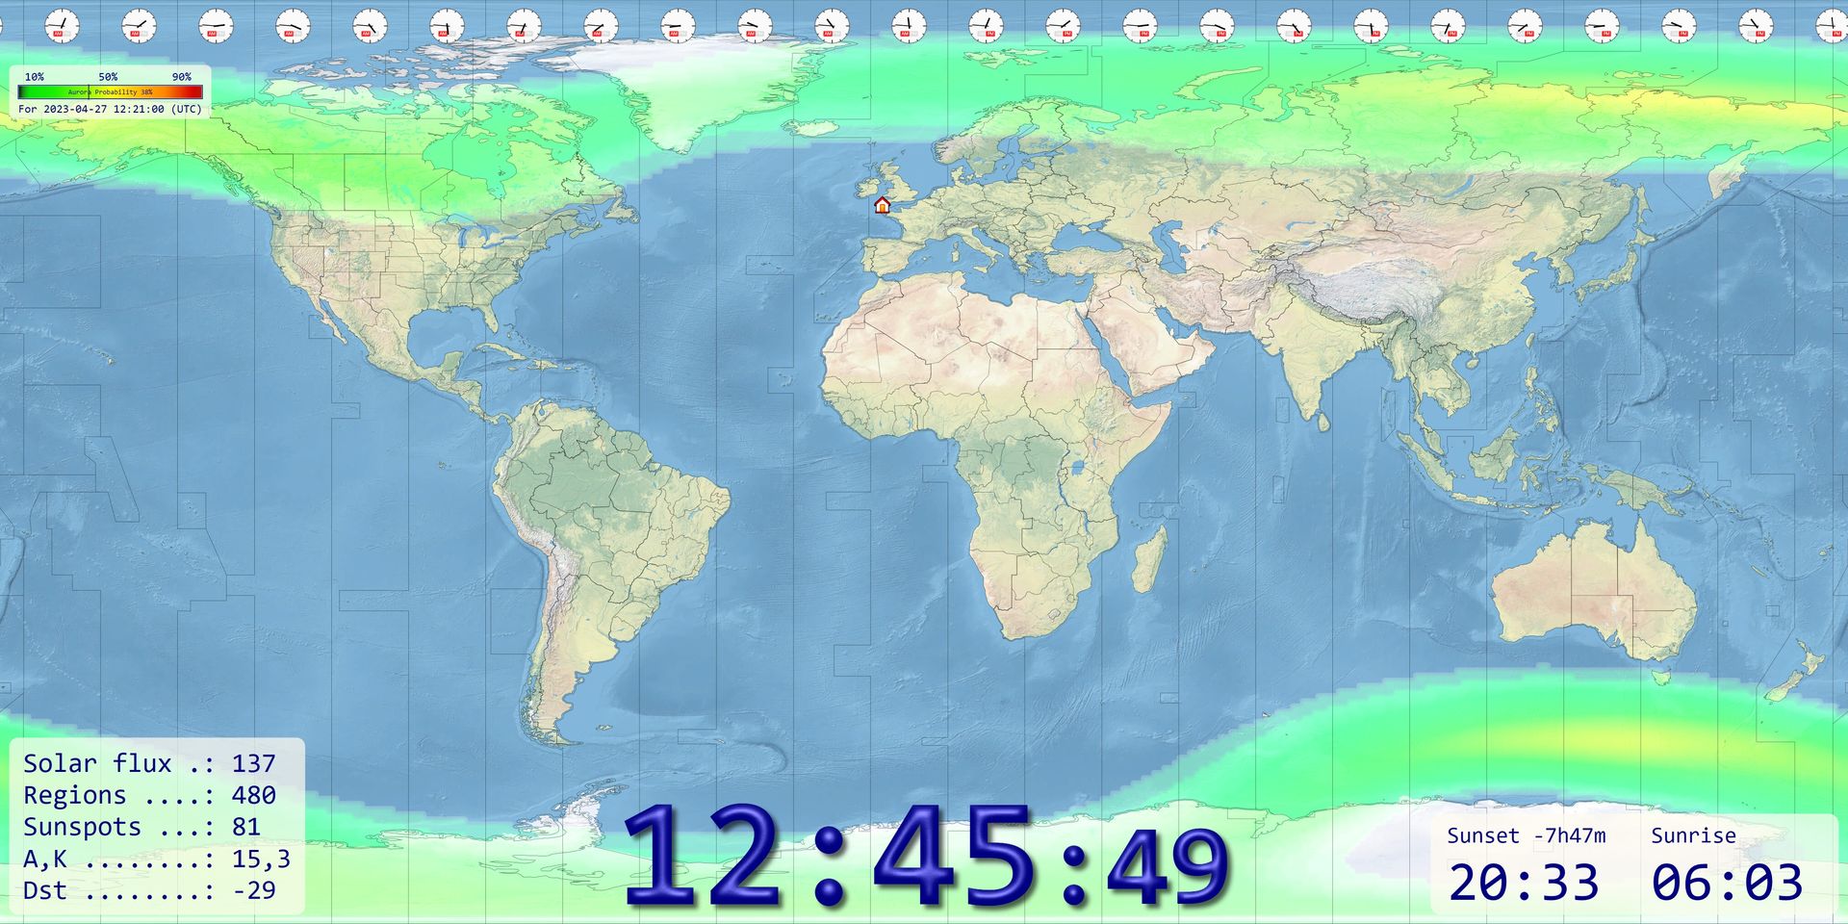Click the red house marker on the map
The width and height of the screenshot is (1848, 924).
click(882, 204)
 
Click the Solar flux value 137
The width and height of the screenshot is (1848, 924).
click(253, 763)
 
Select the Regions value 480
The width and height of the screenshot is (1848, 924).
click(253, 795)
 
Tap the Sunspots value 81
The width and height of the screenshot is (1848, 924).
click(245, 827)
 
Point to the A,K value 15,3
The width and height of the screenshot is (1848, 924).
click(260, 859)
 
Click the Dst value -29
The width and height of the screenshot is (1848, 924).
click(253, 890)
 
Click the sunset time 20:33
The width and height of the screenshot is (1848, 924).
click(1523, 883)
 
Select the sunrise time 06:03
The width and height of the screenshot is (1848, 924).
click(1727, 883)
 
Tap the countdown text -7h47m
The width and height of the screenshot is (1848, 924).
click(1569, 835)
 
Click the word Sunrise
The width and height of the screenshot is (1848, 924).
click(1693, 835)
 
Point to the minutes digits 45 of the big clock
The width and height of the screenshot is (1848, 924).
click(953, 857)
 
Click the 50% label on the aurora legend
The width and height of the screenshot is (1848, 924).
click(108, 77)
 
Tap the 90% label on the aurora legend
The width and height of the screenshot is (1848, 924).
click(181, 77)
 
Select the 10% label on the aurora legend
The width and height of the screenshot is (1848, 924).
click(34, 77)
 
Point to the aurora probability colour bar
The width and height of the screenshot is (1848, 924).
click(110, 92)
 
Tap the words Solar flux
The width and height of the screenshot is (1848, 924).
click(96, 763)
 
